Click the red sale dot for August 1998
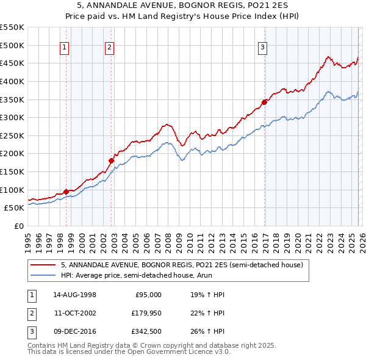click(66, 192)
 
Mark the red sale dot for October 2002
click(111, 161)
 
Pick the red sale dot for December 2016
click(264, 102)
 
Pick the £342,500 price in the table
click(146, 333)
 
